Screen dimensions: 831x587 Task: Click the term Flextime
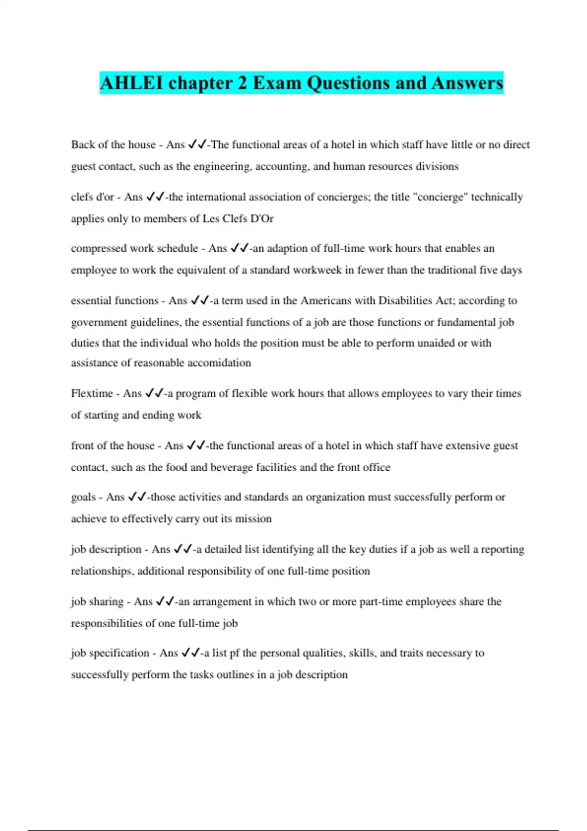click(91, 394)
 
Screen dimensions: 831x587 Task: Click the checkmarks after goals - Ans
click(137, 497)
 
